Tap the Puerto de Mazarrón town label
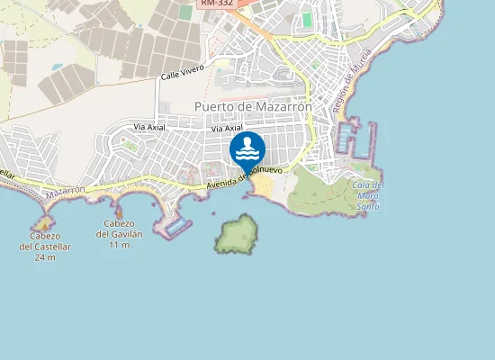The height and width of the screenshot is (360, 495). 253,106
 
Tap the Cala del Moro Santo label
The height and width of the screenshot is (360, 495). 365,195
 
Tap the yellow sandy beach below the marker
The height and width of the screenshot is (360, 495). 263,186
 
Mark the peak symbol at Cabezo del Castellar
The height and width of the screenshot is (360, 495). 41,221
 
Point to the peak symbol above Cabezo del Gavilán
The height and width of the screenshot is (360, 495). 118,211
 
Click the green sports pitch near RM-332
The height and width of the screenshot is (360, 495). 307,18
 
